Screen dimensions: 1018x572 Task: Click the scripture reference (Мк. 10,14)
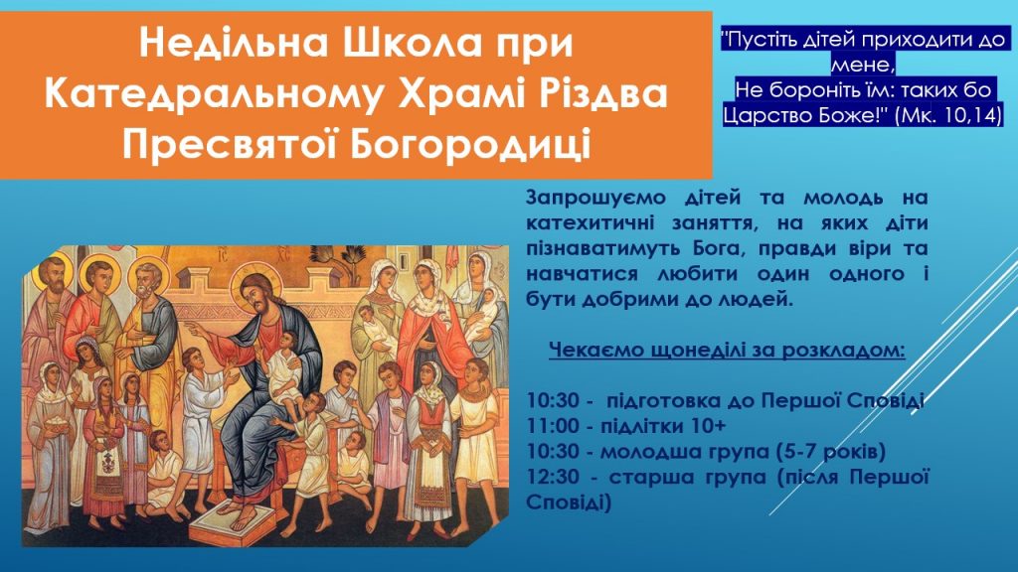tap(947, 115)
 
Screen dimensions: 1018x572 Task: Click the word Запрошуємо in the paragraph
tap(596, 198)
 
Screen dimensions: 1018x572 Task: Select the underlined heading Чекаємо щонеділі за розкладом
tap(727, 351)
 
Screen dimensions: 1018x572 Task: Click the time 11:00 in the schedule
tap(552, 426)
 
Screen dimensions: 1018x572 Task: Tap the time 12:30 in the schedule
tap(552, 477)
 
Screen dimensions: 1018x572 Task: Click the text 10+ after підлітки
tap(709, 426)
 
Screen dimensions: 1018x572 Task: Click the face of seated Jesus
tap(255, 293)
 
